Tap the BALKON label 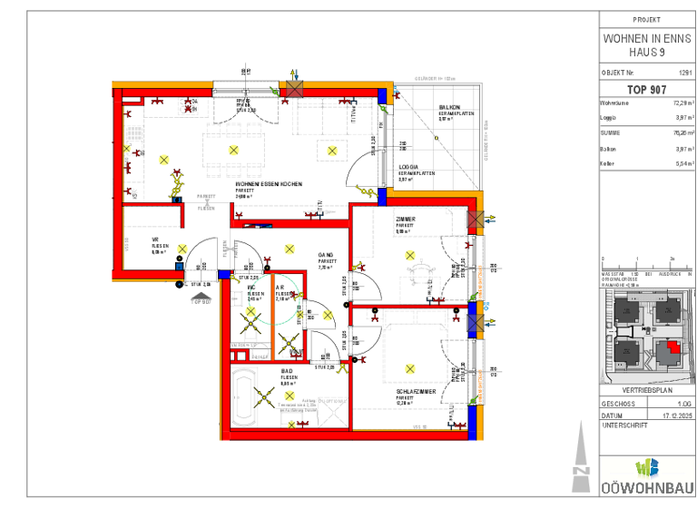coord(451,106)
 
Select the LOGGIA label coord(409,167)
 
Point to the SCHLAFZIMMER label coord(415,392)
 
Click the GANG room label coord(325,255)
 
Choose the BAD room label coord(287,372)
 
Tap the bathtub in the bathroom coord(244,396)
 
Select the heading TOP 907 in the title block coord(646,90)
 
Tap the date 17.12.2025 coord(677,415)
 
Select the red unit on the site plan coord(672,347)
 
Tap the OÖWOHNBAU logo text coord(646,488)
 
